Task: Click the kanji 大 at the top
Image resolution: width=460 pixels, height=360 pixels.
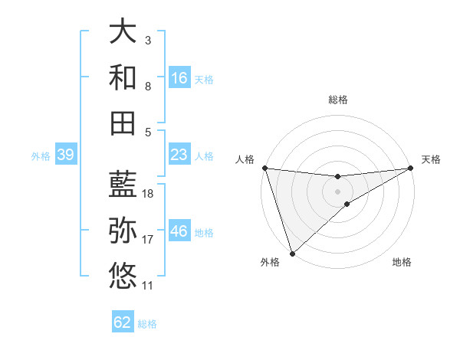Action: [123, 31]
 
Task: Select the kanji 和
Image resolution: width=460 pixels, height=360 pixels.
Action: [123, 77]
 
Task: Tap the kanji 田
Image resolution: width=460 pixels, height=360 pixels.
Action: [123, 123]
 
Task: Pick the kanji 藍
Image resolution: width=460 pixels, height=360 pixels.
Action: [123, 185]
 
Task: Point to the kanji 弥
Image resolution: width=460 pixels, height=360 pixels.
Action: [123, 231]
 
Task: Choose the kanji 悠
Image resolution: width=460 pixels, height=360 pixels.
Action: [123, 276]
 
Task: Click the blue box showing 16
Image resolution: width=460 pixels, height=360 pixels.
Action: [179, 78]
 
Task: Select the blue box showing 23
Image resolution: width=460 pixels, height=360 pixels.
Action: [179, 155]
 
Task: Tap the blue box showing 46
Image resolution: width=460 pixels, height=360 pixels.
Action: [179, 232]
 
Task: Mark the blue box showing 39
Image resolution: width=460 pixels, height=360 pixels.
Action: [65, 155]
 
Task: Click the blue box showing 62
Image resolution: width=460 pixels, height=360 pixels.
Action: [123, 322]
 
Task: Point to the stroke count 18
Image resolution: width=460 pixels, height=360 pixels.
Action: [148, 194]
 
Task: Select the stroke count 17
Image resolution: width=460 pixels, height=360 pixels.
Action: [148, 240]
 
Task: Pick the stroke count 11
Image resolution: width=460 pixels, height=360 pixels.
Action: [148, 286]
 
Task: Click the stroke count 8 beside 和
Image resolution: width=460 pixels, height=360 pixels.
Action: [148, 87]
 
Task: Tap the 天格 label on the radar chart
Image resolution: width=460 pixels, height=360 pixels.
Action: [431, 159]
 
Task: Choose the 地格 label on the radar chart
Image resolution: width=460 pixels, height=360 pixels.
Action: [402, 262]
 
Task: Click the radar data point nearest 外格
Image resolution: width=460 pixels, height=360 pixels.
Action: [292, 253]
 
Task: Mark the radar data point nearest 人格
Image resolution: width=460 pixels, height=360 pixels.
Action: [264, 167]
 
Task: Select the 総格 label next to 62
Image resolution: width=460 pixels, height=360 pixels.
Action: [147, 323]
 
